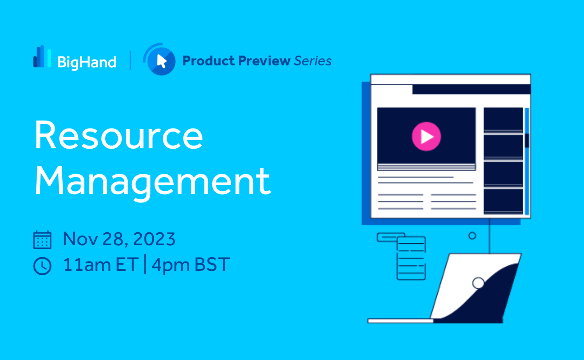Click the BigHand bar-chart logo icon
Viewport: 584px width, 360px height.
42,56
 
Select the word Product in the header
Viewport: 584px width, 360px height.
209,61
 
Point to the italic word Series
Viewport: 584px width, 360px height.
313,61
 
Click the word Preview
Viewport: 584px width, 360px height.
264,61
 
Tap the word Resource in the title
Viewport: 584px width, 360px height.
119,135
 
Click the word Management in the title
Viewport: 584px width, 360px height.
153,182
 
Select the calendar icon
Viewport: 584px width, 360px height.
42,240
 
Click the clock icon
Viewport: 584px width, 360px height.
42,266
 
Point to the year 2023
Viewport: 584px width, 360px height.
154,239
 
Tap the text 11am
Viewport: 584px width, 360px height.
87,265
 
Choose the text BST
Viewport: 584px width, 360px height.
212,265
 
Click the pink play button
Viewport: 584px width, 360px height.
427,137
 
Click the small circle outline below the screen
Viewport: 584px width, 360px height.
472,236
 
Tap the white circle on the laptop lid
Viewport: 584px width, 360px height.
478,283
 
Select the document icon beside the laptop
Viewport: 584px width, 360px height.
411,258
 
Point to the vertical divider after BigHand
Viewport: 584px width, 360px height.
130,60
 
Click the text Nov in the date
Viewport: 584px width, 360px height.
80,239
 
